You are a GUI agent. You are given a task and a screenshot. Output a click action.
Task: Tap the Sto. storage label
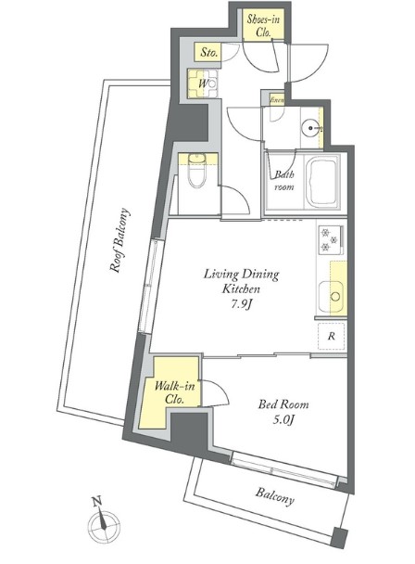pyautogui.click(x=208, y=54)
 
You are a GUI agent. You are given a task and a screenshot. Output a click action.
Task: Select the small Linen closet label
pyautogui.click(x=276, y=99)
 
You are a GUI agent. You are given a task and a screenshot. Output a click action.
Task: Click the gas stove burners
pyautogui.click(x=330, y=240)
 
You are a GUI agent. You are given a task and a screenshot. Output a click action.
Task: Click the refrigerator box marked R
pyautogui.click(x=330, y=337)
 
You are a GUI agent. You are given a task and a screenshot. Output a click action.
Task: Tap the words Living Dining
pyautogui.click(x=241, y=275)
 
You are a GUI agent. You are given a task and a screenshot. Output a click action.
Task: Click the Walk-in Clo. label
pyautogui.click(x=173, y=391)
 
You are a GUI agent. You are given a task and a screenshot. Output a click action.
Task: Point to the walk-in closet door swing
pyautogui.click(x=216, y=392)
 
